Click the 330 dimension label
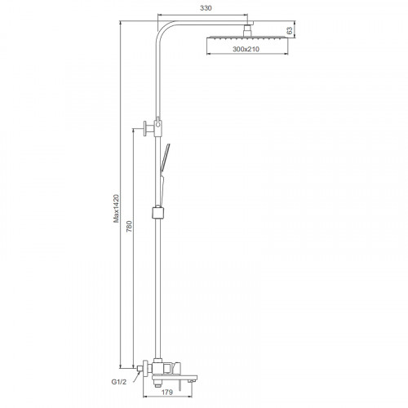coord(206,8)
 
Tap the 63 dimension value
coord(290,30)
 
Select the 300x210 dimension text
coord(246,49)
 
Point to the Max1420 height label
coord(116,208)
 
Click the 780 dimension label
coord(129,226)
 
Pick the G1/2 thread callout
coord(119,382)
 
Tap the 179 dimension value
coord(167,392)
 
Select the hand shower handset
coord(164,174)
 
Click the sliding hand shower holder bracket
coord(158,212)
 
